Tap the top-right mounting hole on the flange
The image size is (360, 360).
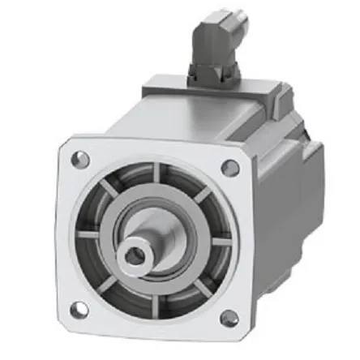[230, 168]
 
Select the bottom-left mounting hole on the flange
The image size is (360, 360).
[79, 308]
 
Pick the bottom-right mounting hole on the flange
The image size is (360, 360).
[229, 318]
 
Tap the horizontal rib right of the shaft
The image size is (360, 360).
[217, 240]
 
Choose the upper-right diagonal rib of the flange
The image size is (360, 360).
[199, 195]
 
